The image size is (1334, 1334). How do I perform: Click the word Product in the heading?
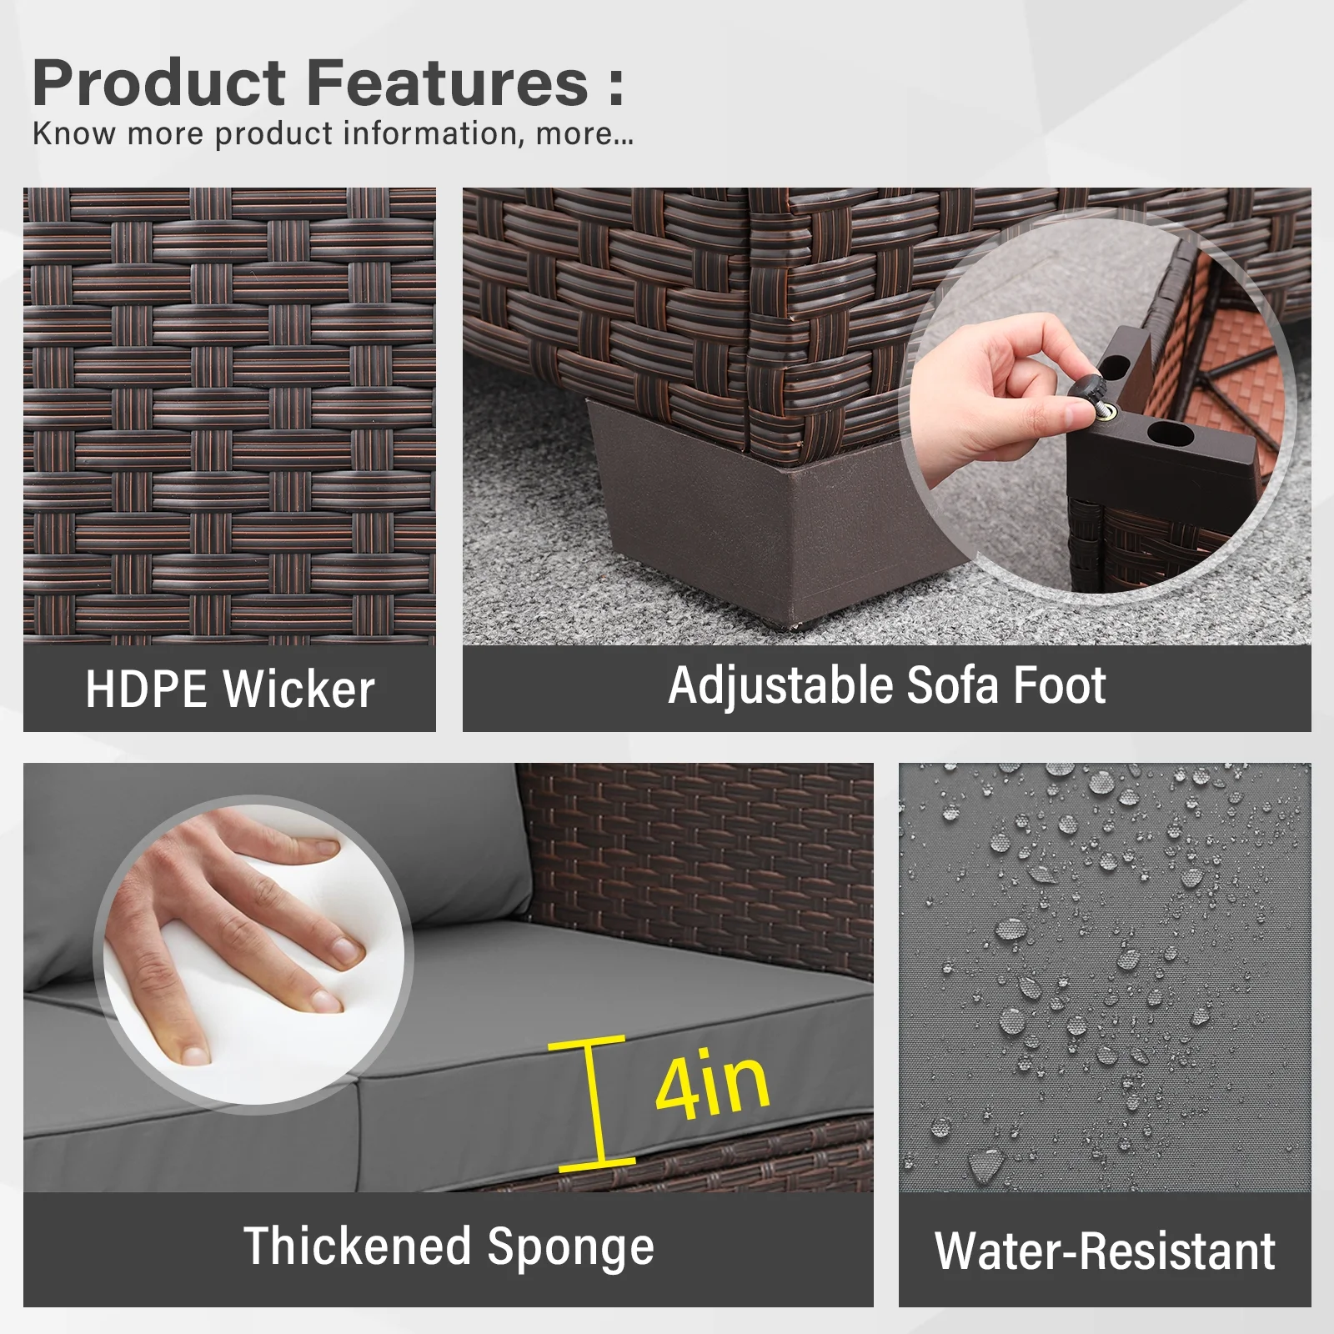tap(159, 83)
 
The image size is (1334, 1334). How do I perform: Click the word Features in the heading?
tap(448, 83)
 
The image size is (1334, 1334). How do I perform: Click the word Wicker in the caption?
tap(299, 690)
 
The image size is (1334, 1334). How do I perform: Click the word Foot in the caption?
tap(1059, 685)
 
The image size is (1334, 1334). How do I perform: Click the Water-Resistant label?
tap(1105, 1251)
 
